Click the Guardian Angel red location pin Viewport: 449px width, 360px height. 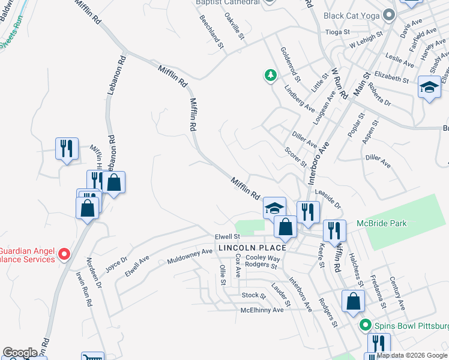65,254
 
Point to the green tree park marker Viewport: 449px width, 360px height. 271,75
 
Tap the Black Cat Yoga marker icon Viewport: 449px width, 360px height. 390,15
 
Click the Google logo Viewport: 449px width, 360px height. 20,353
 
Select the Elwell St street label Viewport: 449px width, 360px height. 228,237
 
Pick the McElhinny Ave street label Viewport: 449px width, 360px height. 262,310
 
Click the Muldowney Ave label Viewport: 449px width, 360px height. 190,257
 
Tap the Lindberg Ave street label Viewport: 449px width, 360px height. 301,99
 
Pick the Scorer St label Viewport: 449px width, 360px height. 295,157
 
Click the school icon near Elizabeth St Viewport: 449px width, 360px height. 429,88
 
